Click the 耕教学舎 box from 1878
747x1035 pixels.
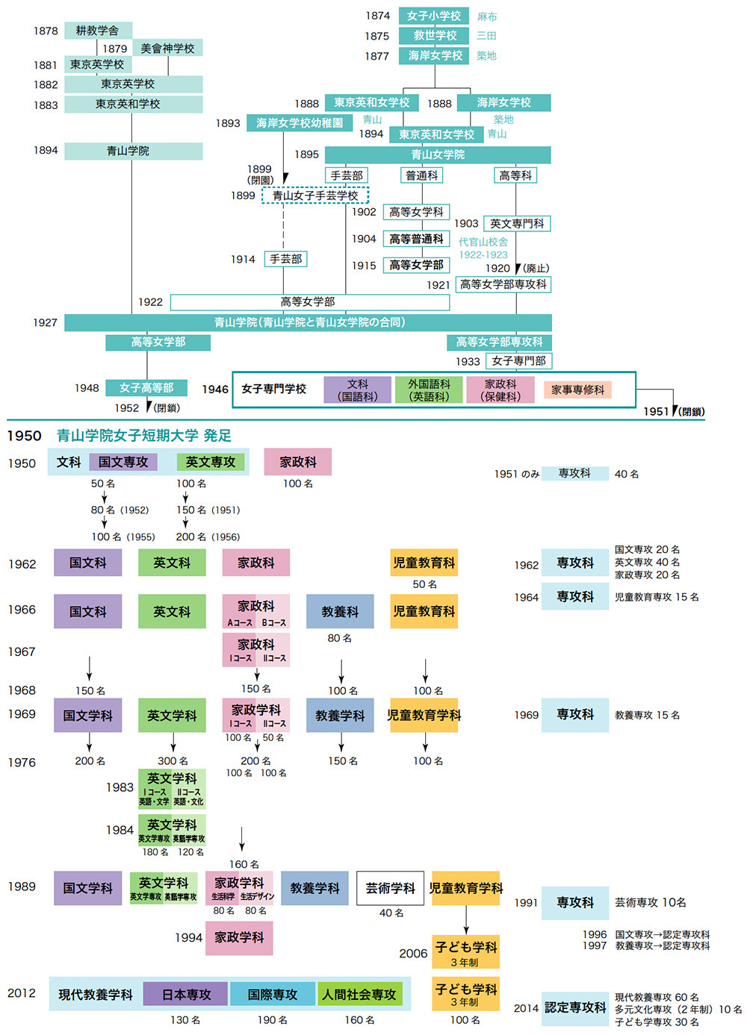click(98, 31)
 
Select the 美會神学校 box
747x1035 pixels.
click(167, 49)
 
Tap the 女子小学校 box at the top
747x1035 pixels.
click(434, 16)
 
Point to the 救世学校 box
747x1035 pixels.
click(434, 35)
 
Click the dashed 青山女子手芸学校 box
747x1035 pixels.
click(314, 196)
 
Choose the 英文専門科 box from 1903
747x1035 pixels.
click(517, 223)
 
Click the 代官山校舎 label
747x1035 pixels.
click(483, 242)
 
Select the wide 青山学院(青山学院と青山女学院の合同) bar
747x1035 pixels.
click(309, 322)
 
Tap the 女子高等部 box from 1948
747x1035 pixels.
click(146, 388)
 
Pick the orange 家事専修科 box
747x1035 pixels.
click(577, 390)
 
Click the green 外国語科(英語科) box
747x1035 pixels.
click(429, 390)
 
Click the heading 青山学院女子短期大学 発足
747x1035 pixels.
click(144, 436)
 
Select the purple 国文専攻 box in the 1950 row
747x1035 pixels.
click(123, 463)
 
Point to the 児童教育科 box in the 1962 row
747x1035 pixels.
click(424, 563)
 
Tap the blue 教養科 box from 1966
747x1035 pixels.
click(340, 611)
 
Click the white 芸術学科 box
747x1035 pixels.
click(390, 888)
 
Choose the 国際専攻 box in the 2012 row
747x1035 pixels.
click(273, 995)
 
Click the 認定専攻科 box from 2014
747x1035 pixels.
click(575, 1007)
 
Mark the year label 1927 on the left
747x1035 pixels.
click(45, 322)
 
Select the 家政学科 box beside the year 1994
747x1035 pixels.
click(239, 937)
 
